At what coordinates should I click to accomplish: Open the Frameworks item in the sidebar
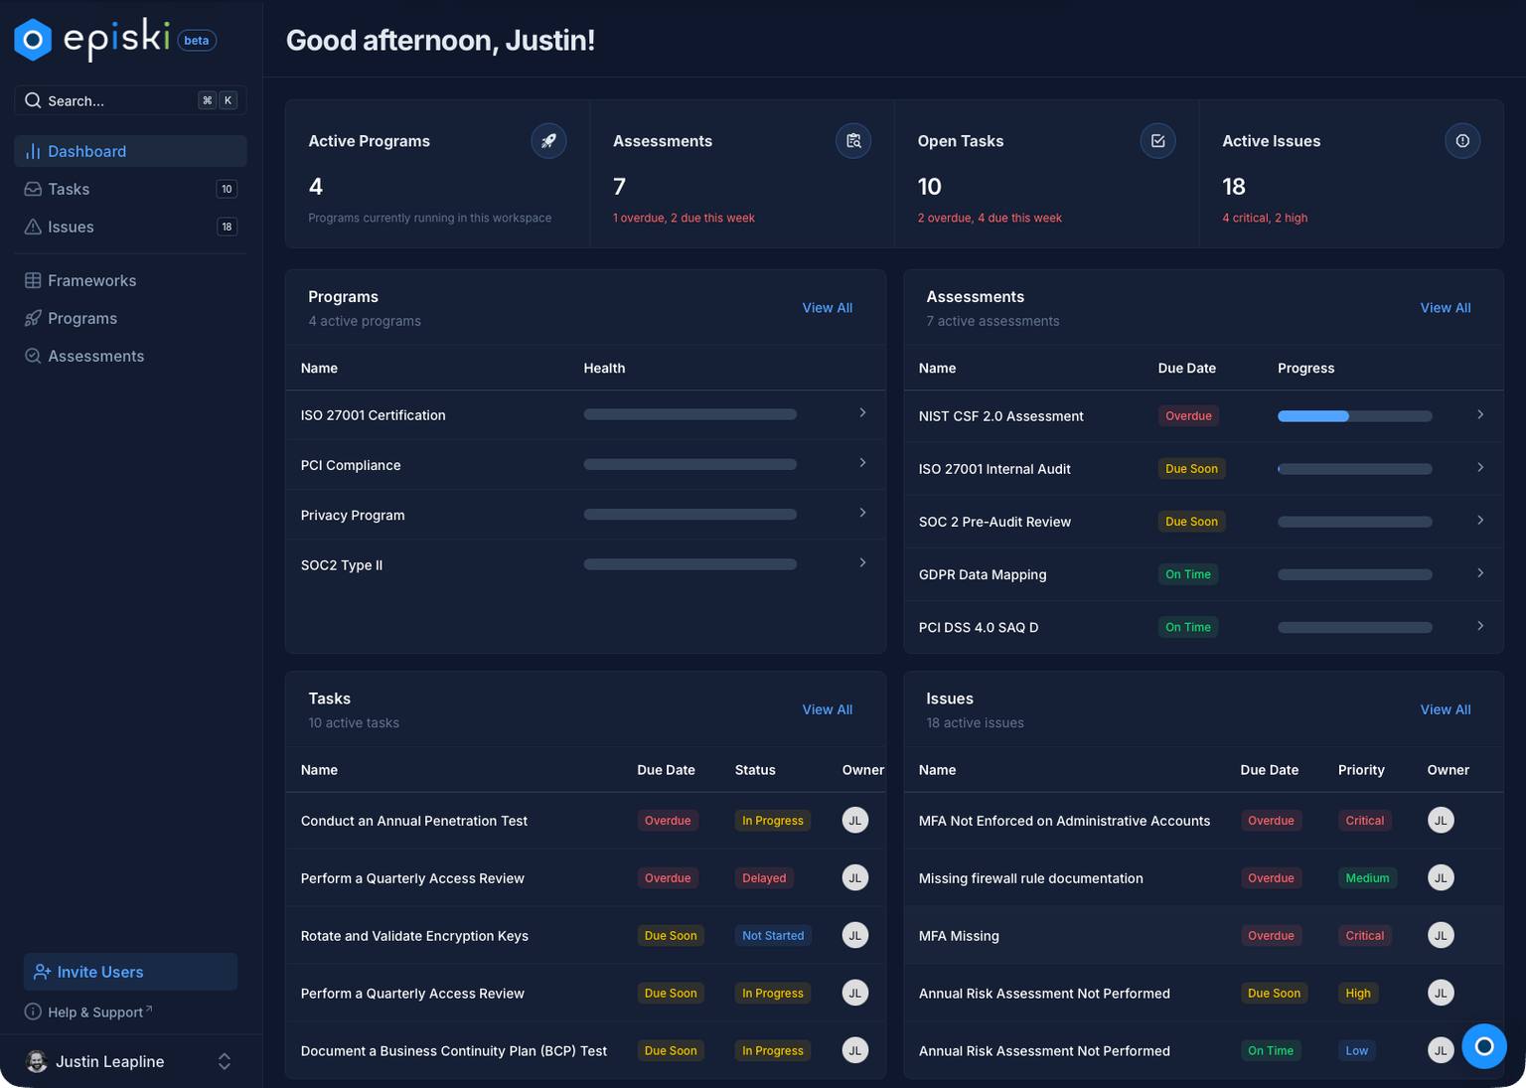[x=91, y=280]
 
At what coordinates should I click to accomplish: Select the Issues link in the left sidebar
[x=71, y=227]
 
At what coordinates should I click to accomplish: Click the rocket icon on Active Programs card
[x=548, y=141]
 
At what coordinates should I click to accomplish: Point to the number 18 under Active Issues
[x=1233, y=187]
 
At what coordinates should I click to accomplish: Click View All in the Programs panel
[x=827, y=308]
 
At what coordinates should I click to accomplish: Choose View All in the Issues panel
[x=1445, y=709]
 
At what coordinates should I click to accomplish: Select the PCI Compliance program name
[x=351, y=465]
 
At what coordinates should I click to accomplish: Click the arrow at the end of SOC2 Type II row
[x=862, y=563]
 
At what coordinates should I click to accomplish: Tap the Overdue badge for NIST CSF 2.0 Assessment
[x=1188, y=416]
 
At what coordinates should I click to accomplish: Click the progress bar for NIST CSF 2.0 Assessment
[x=1354, y=416]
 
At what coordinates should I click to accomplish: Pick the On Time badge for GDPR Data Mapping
[x=1187, y=574]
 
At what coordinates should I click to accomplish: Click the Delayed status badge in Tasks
[x=764, y=878]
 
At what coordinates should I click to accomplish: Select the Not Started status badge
[x=772, y=936]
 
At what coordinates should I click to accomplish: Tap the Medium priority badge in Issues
[x=1367, y=878]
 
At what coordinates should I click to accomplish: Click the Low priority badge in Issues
[x=1356, y=1051]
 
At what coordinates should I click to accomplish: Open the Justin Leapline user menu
[x=129, y=1061]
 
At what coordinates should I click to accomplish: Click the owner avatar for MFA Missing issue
[x=1441, y=936]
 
